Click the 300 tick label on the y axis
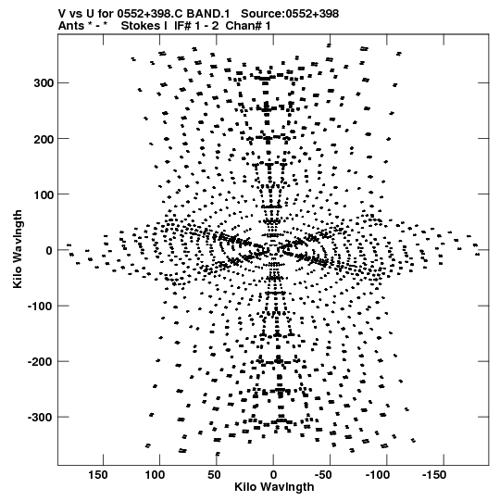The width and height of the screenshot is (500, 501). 44,83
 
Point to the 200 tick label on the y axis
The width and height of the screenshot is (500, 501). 44,139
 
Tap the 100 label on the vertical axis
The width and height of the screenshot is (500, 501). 44,194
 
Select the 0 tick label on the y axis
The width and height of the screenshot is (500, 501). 49,250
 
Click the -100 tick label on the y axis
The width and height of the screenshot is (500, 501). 40,307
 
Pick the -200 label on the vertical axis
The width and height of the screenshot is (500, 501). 40,362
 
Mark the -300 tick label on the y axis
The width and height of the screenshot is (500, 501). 40,418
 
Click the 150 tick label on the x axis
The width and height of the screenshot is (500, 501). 98,475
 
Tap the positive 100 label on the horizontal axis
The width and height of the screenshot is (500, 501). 155,475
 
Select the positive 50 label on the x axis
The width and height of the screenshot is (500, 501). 214,475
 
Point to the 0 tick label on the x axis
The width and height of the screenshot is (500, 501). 273,475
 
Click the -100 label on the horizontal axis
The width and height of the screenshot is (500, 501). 379,475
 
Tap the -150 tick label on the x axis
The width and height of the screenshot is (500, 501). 435,475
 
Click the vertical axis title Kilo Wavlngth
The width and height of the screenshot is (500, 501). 18,249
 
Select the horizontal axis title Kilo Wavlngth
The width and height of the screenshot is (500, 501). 274,487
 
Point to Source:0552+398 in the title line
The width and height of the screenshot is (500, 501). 290,14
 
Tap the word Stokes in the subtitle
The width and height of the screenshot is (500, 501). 140,26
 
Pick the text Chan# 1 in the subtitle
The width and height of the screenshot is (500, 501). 248,26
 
